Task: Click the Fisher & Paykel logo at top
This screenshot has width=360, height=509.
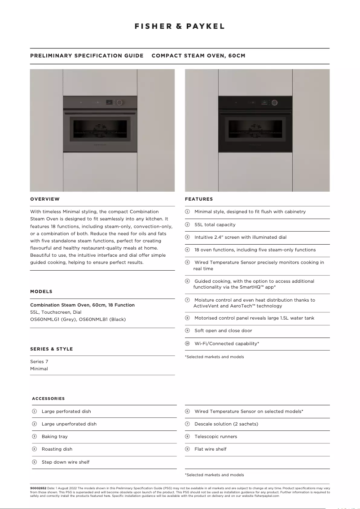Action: [x=180, y=26]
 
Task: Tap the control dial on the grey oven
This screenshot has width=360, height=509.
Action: [x=119, y=102]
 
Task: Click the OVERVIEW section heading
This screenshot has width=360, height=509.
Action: [x=45, y=199]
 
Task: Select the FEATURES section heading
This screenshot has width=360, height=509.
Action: [x=199, y=199]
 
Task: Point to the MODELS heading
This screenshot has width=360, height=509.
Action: [x=41, y=291]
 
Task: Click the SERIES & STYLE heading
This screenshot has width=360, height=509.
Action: [x=51, y=349]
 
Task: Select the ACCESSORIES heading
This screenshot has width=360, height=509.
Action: [x=48, y=399]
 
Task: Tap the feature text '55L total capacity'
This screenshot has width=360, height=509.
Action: [x=215, y=224]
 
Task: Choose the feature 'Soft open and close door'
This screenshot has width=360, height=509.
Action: [x=223, y=331]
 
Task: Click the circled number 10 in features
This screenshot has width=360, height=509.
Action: [x=187, y=343]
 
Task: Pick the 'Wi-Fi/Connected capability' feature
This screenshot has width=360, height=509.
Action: [x=227, y=343]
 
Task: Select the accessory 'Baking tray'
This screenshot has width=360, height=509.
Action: [x=55, y=436]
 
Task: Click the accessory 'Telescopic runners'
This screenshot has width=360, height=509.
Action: [x=215, y=436]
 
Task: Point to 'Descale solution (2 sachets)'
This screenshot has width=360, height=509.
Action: [x=226, y=424]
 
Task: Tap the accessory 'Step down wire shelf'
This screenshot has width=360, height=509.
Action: [x=66, y=462]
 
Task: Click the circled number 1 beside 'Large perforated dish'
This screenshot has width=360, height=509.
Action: [x=34, y=411]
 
